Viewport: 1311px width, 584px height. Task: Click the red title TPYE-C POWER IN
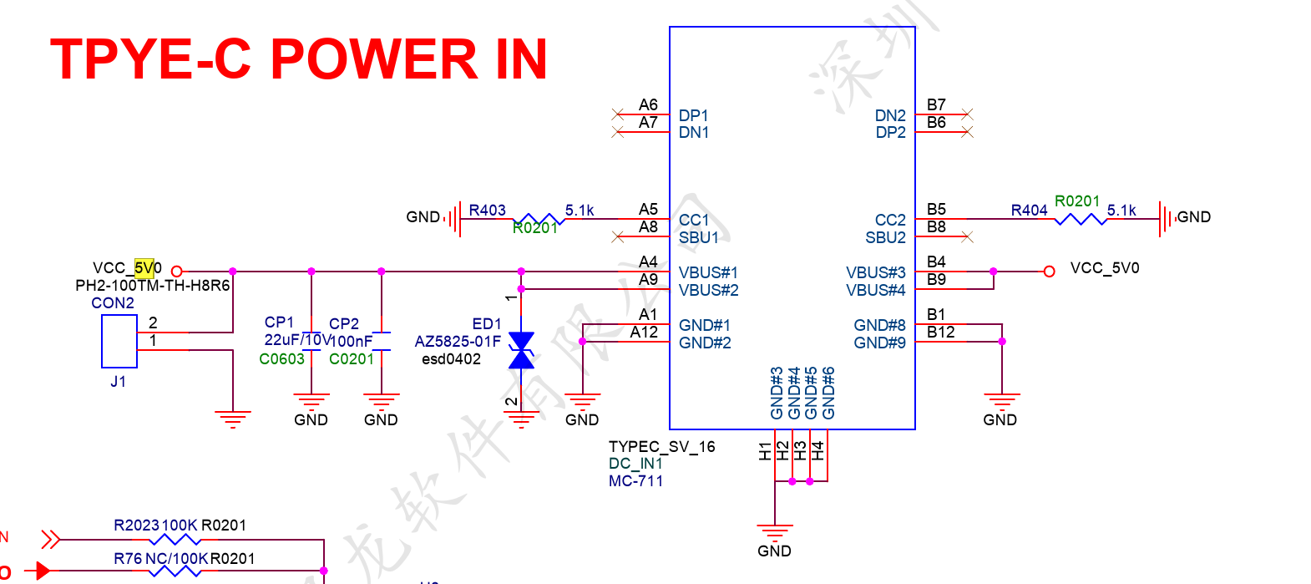(298, 59)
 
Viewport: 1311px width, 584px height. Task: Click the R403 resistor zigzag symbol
(538, 219)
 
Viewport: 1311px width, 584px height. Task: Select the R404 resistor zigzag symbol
(1080, 219)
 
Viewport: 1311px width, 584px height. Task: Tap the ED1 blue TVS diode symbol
(521, 350)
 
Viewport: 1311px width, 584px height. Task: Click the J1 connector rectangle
(119, 341)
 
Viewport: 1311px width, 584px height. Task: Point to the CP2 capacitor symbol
(381, 341)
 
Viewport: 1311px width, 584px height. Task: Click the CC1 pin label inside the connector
(693, 220)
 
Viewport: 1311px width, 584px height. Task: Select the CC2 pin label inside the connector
(890, 220)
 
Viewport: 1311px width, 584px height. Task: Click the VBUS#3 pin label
(875, 272)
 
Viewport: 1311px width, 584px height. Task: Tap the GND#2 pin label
(705, 343)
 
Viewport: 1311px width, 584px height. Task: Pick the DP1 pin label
(693, 115)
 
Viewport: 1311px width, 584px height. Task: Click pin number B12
(940, 333)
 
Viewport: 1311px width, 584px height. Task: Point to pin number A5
(648, 209)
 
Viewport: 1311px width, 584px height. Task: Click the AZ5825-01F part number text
(458, 342)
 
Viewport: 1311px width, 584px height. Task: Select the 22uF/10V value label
(297, 340)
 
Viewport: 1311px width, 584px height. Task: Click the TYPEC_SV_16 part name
(661, 447)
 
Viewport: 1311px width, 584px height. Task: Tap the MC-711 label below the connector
(635, 481)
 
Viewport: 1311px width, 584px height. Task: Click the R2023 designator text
(136, 526)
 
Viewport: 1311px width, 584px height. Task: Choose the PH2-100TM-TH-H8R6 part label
(152, 286)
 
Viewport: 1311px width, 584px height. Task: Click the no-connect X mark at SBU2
(967, 237)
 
